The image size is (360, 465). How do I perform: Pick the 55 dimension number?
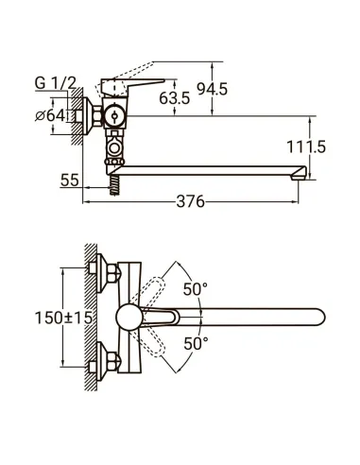[x=69, y=180]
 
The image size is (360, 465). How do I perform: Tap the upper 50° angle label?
[x=197, y=290]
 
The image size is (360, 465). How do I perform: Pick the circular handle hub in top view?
[x=129, y=317]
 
